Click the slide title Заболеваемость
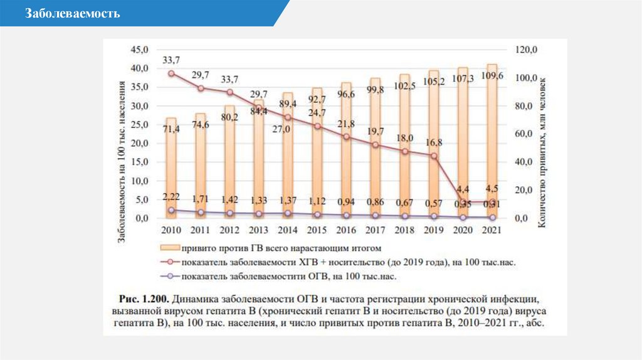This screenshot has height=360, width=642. point(73,14)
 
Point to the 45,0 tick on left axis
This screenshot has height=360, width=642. point(139,49)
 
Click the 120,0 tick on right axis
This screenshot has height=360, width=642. point(525,50)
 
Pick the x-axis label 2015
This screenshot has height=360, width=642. point(317,230)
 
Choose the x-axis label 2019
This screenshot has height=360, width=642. point(434,230)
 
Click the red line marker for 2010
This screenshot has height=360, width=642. point(171,73)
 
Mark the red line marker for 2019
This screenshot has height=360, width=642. point(434,156)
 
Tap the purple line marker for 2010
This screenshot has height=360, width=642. point(171,210)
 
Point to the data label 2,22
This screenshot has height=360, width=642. point(171,197)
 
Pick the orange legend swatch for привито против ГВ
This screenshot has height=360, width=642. point(170,248)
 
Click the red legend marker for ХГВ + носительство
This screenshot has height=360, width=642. point(170,262)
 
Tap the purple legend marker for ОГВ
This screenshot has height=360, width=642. point(170,275)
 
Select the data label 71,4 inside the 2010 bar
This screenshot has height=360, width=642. point(171,129)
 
